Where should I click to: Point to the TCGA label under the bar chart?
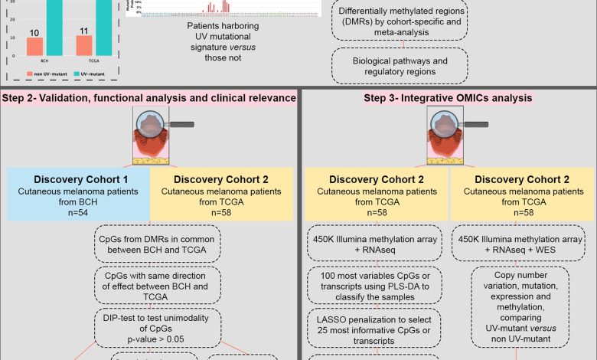[x=84, y=64]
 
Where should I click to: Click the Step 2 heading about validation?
[x=148, y=98]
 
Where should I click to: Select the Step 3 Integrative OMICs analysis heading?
[x=447, y=98]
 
